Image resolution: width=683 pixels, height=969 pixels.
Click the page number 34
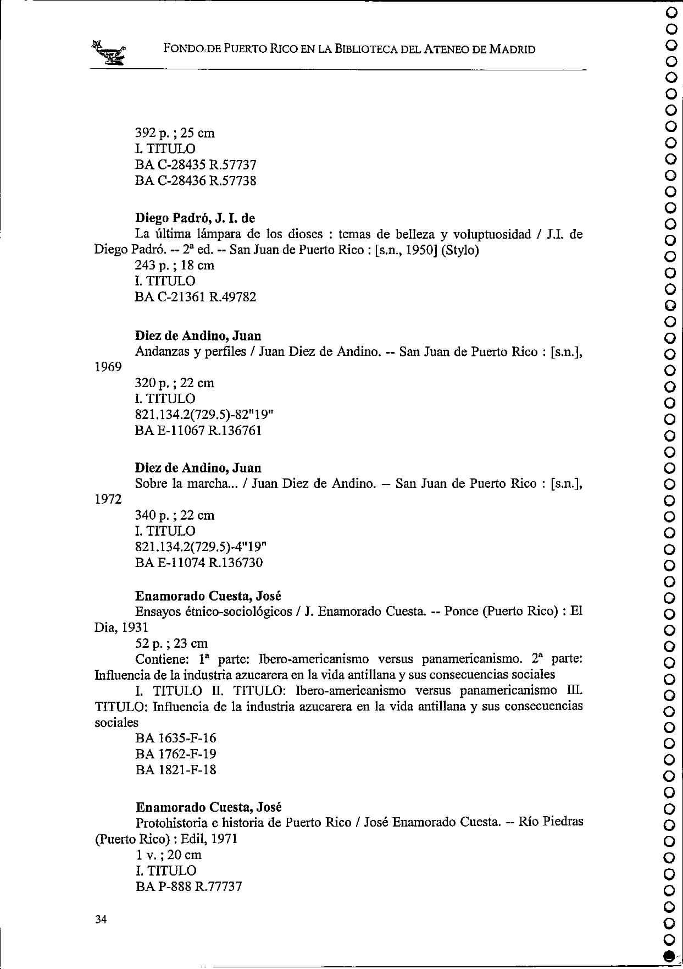pos(101,920)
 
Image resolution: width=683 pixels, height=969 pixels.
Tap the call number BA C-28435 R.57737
pos(196,165)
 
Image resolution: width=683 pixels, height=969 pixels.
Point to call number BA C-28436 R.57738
pos(196,181)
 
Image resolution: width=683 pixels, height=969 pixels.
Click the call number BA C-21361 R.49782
pos(196,297)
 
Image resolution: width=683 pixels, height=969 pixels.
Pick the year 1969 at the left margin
pos(108,367)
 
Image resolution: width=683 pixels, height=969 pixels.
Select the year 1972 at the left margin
pos(108,499)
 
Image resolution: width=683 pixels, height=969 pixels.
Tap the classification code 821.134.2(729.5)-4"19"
pos(201,547)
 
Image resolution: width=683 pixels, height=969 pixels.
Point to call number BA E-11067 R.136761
pos(198,431)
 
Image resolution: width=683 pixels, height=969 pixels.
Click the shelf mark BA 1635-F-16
pos(176,738)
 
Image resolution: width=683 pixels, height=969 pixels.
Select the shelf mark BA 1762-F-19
pos(176,754)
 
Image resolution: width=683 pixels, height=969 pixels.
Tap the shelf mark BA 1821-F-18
pos(176,770)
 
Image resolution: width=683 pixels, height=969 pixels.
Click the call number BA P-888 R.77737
pos(188,887)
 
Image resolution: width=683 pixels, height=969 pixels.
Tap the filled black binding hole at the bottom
pos(669,956)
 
